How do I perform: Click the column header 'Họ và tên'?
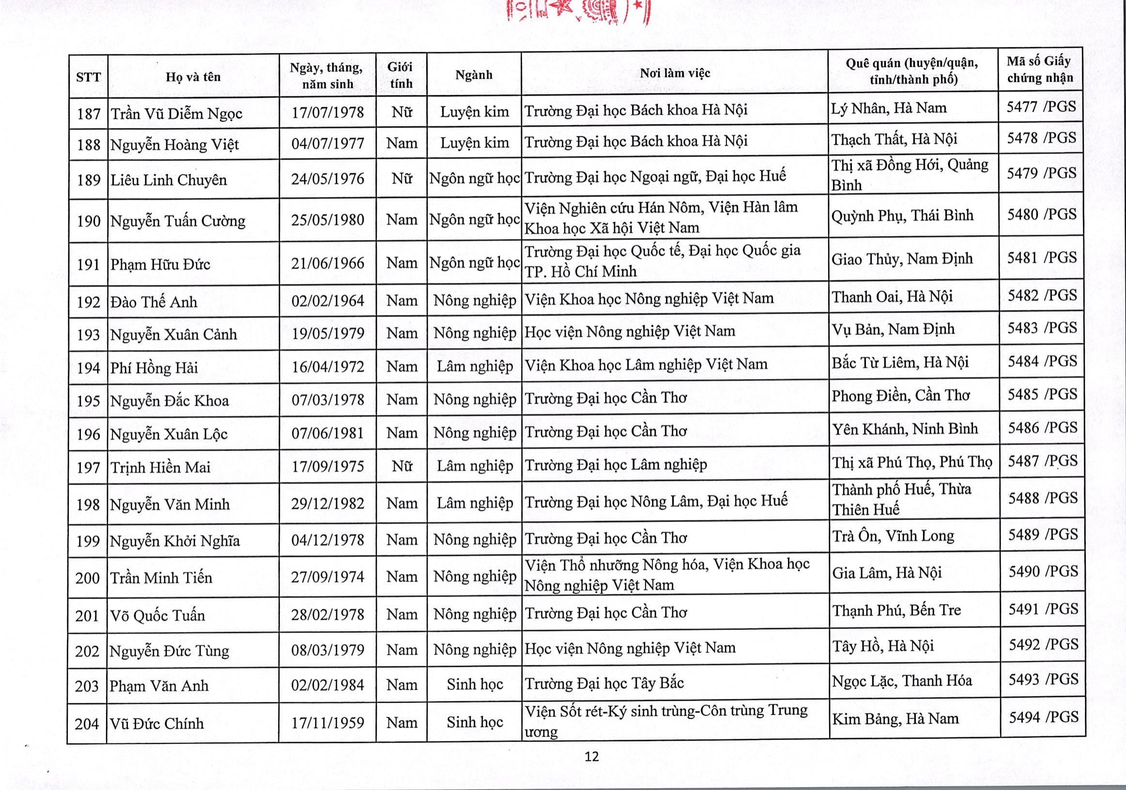193,77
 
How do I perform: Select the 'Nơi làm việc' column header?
675,74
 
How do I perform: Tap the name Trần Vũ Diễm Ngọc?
177,113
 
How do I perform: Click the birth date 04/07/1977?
327,143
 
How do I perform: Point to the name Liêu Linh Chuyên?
169,180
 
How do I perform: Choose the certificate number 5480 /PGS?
1042,214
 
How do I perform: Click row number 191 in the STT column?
88,264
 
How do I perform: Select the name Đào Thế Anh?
154,302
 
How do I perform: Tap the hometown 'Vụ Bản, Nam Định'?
893,328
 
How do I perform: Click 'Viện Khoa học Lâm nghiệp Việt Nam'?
646,364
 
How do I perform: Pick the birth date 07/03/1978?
327,400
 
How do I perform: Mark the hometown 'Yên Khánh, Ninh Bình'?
905,429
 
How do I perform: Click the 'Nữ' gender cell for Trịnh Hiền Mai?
401,466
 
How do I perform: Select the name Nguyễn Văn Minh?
170,504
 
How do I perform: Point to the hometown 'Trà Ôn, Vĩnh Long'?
893,536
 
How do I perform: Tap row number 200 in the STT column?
87,578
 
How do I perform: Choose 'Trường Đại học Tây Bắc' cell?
604,683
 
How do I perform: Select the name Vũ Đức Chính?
156,723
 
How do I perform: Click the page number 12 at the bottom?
592,756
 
